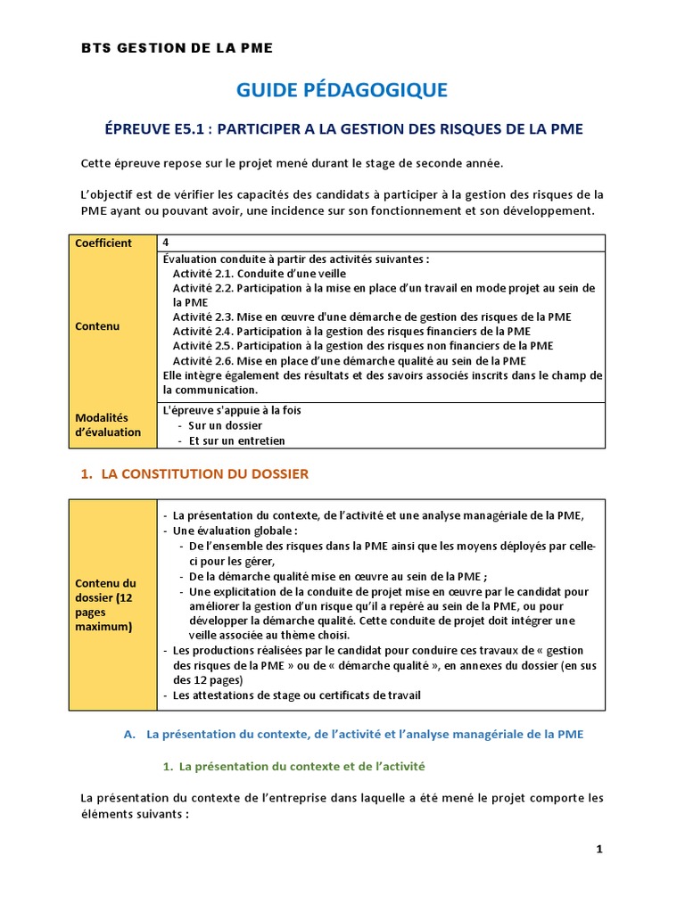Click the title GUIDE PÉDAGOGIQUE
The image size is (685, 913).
pos(342,89)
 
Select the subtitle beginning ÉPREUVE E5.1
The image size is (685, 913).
pos(343,129)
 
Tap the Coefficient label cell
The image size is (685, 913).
pos(112,243)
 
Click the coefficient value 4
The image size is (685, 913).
pos(167,243)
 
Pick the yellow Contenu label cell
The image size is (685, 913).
pos(112,326)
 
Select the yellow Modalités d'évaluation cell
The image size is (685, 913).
pos(112,424)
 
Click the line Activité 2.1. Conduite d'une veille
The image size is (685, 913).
pos(259,274)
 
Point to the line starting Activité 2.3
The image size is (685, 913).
pos(372,317)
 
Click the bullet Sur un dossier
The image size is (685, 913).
pos(225,425)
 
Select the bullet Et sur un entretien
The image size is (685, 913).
pos(230,440)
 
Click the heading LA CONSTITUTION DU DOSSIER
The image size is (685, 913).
pos(204,474)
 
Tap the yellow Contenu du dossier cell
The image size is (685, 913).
pos(112,605)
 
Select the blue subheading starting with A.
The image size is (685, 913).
pos(353,735)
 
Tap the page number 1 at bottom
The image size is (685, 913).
pos(599,850)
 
